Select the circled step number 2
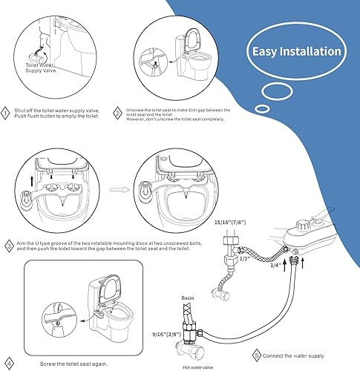[x=118, y=113]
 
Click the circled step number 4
[x=10, y=361]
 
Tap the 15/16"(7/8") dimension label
[x=229, y=220]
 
